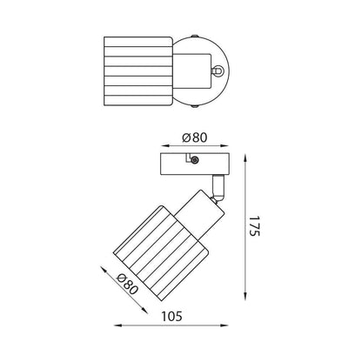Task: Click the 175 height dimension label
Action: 254,225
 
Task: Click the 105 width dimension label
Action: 171,316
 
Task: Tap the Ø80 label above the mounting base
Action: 195,137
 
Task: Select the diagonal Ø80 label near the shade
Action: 127,285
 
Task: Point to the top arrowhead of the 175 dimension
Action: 245,158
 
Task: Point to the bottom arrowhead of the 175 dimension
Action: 245,297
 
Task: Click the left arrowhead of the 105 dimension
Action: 117,325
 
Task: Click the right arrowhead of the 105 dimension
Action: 225,325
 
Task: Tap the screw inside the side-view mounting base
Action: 195,160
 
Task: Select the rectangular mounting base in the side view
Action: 195,164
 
